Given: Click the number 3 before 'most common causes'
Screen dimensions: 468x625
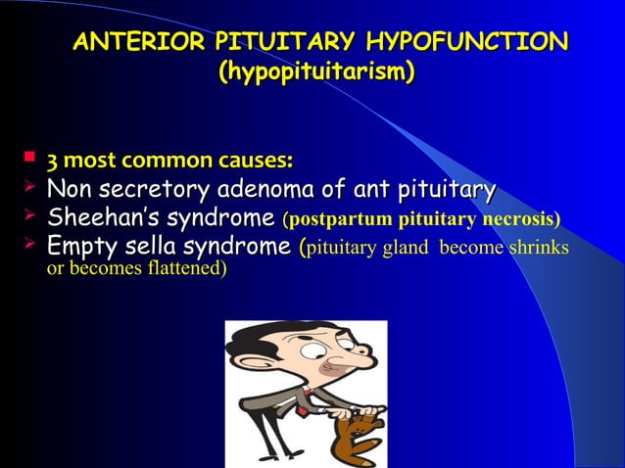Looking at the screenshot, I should (x=51, y=160).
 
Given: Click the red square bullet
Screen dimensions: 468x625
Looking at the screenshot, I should (x=29, y=156).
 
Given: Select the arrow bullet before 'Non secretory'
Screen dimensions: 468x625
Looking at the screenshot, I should (x=29, y=186).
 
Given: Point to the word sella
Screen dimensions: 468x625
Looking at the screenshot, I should (x=148, y=245).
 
